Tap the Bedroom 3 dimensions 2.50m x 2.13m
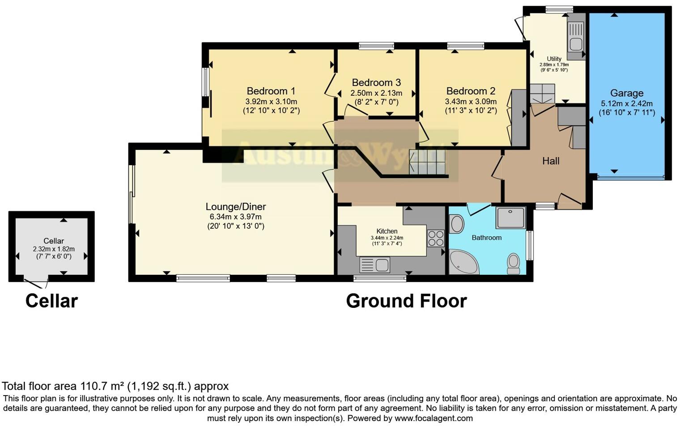[376, 94]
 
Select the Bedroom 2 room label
[471, 91]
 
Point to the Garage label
[626, 93]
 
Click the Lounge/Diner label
[235, 207]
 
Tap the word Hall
[551, 161]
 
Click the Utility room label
[554, 59]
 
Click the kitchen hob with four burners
[435, 238]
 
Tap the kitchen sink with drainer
[375, 265]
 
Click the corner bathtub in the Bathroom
[463, 263]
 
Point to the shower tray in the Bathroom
[510, 218]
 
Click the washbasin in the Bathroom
[457, 224]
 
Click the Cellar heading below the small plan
[51, 301]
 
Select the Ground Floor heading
[406, 301]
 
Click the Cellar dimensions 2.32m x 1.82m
[54, 249]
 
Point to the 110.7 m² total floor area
[102, 386]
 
